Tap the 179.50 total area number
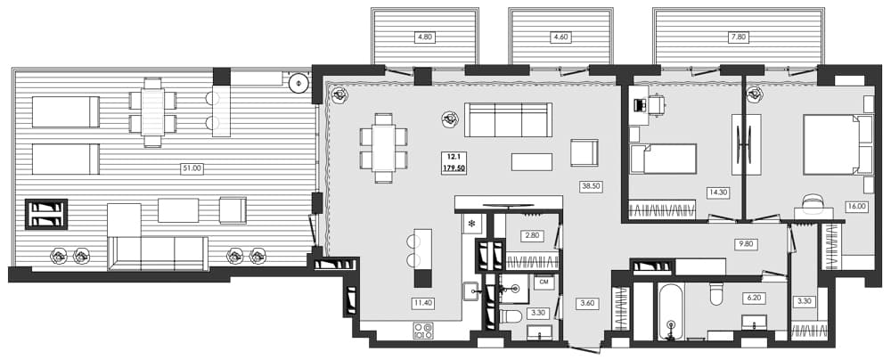[x=454, y=168]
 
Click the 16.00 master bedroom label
[x=854, y=205]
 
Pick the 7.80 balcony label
[x=738, y=37]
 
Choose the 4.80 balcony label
[x=424, y=37]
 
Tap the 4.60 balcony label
[x=560, y=37]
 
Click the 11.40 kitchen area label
[x=422, y=303]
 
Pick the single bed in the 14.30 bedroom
[x=664, y=159]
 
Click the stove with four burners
[x=422, y=331]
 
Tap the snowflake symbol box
[x=471, y=224]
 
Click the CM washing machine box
[x=544, y=282]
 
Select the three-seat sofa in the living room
[x=507, y=119]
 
